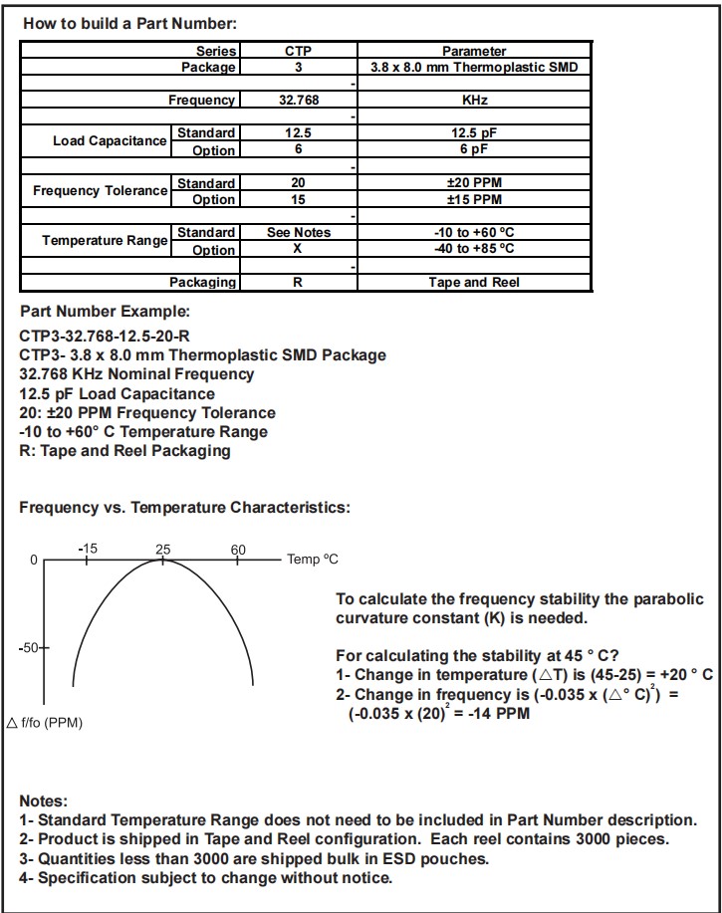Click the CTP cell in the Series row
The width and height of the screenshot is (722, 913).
click(x=298, y=51)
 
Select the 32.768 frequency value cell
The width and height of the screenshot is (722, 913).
click(x=298, y=101)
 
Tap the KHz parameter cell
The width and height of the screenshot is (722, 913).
click(x=474, y=101)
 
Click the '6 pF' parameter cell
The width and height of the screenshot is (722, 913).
click(x=474, y=149)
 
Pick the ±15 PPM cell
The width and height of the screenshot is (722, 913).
click(x=474, y=199)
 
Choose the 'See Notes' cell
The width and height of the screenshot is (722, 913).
click(x=298, y=232)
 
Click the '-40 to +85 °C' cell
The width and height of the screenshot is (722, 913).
click(x=474, y=249)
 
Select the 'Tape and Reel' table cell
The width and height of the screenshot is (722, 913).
click(x=474, y=282)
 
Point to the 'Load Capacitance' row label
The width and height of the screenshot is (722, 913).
click(x=110, y=141)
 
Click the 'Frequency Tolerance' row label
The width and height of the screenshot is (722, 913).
click(x=101, y=190)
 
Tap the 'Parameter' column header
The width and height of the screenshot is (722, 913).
click(x=474, y=51)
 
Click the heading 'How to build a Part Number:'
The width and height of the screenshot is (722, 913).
click(x=130, y=23)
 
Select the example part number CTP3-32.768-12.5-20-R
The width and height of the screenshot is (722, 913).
click(x=105, y=336)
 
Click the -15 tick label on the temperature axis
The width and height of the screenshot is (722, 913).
click(x=88, y=550)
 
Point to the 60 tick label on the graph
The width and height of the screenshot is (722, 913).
click(x=238, y=550)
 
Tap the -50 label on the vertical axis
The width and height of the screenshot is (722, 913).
click(x=31, y=648)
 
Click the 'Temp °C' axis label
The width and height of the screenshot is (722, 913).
click(x=313, y=560)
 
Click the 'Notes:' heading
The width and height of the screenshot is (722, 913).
click(x=44, y=801)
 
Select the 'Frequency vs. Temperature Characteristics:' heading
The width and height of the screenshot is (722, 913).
click(x=184, y=508)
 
